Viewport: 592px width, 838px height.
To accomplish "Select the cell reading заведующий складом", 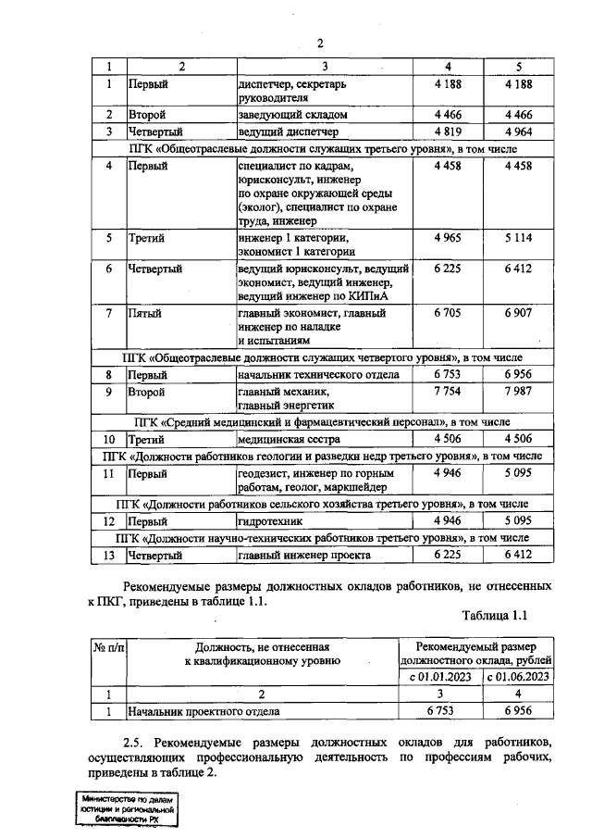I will coord(292,115).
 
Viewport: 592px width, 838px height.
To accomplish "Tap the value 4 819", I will coord(449,131).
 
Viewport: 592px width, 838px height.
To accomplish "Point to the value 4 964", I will coord(519,131).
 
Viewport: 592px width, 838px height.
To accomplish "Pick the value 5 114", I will coord(519,238).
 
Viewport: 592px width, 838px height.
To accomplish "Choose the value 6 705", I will coord(449,313).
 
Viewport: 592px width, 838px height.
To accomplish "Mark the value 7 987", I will coord(519,392).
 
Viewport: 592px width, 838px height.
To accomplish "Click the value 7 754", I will coord(449,392).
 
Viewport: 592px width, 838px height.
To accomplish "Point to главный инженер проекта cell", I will coord(304,555).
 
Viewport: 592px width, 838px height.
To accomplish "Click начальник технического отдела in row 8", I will coord(318,375).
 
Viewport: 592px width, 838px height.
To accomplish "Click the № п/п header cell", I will coord(108,645).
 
